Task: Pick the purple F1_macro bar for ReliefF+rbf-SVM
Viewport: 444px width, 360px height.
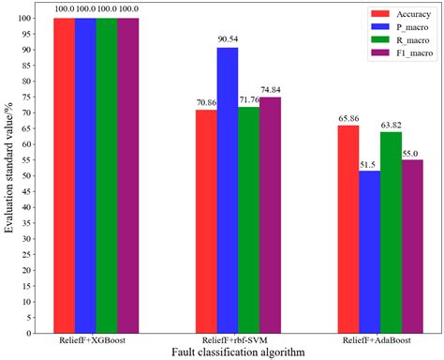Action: pos(270,215)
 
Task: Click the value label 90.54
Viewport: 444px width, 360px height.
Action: pos(228,39)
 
